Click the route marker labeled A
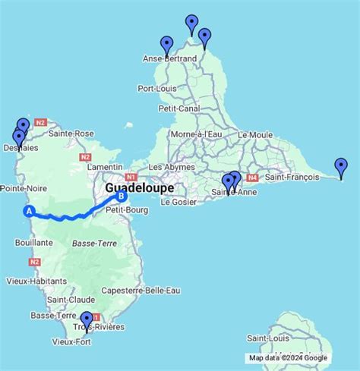(x=30, y=212)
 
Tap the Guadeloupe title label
(x=139, y=187)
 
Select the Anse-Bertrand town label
(x=169, y=58)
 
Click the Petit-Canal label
(x=179, y=108)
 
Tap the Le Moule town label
(x=254, y=135)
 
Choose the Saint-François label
(x=290, y=178)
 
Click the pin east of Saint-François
(x=341, y=168)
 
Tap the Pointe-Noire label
(x=21, y=187)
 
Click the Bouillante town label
(x=33, y=243)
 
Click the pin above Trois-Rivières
(x=87, y=320)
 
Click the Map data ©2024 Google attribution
(x=289, y=358)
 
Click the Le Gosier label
(x=178, y=203)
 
